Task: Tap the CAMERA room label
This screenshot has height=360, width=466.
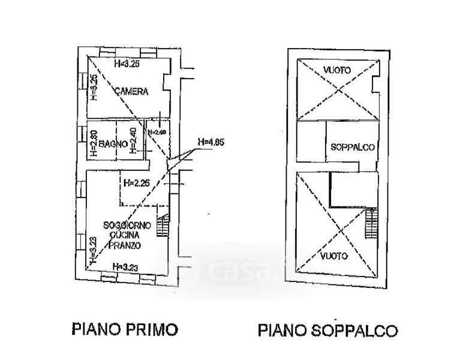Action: click(x=131, y=92)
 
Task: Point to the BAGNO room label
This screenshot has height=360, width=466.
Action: click(x=113, y=144)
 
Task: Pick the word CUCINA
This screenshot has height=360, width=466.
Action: click(x=122, y=235)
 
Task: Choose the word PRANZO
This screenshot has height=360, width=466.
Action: click(x=122, y=245)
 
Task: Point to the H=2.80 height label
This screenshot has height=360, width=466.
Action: click(x=94, y=144)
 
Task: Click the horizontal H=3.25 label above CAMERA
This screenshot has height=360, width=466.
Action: click(x=127, y=63)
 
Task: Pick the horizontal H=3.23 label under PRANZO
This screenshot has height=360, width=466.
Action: click(x=125, y=266)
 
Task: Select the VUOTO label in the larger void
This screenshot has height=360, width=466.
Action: click(x=333, y=256)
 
